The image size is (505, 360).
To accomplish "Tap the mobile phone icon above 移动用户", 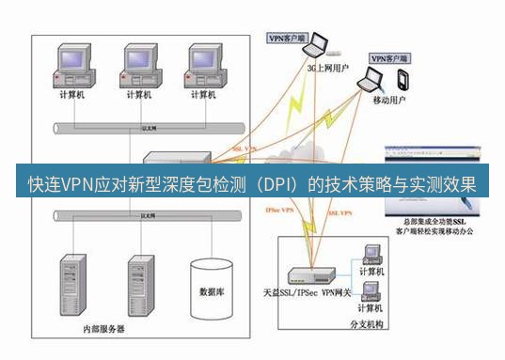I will click(402, 79).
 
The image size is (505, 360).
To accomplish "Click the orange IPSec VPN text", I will click(283, 212).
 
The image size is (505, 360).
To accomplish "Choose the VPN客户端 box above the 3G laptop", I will click(289, 39).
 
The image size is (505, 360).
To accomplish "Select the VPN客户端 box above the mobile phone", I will click(389, 57).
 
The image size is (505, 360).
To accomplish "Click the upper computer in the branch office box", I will click(371, 254).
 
